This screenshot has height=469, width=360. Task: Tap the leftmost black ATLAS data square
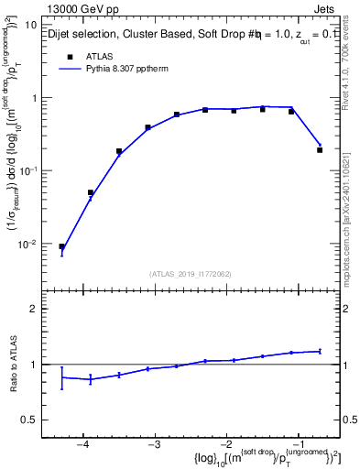pyautogui.click(x=62, y=246)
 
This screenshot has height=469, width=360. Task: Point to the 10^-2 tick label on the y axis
pyautogui.click(x=38, y=244)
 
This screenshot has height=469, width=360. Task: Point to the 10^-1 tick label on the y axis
pyautogui.click(x=38, y=170)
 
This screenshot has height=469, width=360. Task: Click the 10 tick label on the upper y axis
pyautogui.click(x=40, y=24)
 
